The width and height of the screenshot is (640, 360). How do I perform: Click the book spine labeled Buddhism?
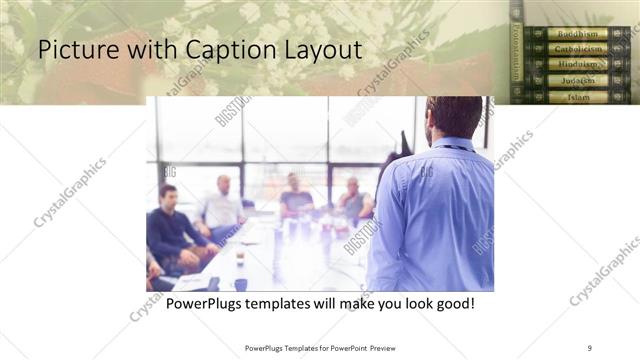[577, 33]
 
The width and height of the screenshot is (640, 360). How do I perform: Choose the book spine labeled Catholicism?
[577, 49]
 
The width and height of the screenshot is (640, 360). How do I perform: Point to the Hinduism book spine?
[577, 65]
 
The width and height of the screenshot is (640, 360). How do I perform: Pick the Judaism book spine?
[577, 80]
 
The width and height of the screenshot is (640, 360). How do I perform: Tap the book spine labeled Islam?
[577, 96]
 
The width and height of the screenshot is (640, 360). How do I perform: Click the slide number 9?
[590, 347]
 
